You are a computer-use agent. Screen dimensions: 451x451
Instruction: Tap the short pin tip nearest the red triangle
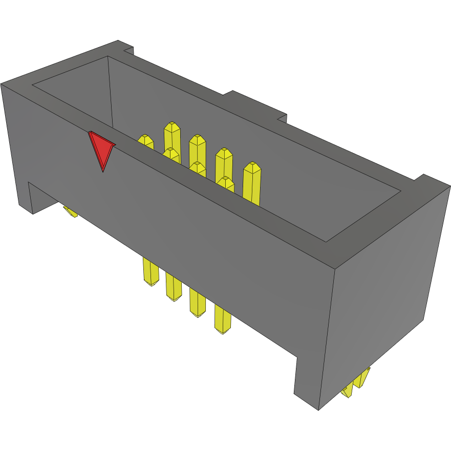(146, 141)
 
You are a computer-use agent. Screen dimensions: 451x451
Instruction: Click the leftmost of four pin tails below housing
(150, 272)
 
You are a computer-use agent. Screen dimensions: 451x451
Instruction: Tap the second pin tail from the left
(173, 287)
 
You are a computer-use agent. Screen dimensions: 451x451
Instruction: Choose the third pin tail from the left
(197, 303)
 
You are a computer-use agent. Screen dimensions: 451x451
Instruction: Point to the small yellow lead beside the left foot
(70, 211)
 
